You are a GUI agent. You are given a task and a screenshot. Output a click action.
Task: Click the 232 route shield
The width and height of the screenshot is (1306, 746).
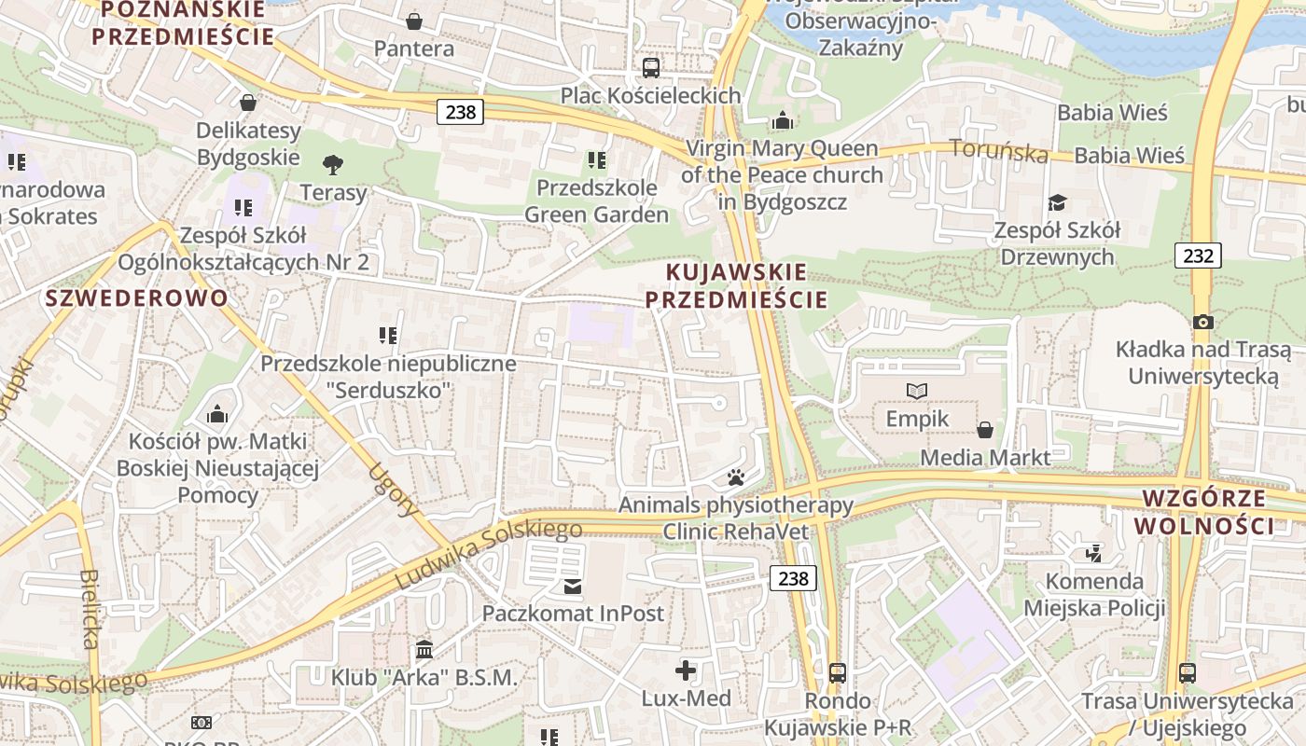1197,255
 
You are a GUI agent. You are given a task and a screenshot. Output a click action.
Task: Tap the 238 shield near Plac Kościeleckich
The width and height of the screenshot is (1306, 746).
460,112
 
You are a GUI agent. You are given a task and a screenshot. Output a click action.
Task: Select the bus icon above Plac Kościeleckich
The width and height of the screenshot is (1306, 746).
651,67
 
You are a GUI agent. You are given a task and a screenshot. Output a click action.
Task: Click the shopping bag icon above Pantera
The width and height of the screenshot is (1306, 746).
414,21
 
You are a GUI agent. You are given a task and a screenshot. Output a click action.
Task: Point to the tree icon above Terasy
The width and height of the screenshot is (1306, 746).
332,165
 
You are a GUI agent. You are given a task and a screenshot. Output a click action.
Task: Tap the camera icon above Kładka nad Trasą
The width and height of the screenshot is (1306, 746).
1203,322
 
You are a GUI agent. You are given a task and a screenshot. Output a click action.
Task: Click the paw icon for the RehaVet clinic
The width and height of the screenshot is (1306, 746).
736,478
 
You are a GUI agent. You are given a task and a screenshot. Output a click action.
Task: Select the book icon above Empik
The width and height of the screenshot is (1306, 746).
917,392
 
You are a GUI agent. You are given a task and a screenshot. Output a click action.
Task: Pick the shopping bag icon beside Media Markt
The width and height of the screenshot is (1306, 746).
984,430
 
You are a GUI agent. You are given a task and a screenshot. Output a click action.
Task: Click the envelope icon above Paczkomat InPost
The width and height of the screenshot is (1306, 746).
572,586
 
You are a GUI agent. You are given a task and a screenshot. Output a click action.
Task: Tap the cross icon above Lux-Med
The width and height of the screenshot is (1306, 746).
686,670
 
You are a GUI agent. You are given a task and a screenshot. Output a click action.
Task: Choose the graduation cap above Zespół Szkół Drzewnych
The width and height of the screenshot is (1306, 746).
1056,202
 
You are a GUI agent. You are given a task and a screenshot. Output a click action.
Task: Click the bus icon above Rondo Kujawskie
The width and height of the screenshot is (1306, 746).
838,672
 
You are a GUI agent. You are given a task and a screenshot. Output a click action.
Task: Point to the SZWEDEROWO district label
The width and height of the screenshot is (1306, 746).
136,298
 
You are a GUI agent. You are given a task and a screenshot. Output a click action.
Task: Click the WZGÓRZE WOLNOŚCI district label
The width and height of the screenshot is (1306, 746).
1203,511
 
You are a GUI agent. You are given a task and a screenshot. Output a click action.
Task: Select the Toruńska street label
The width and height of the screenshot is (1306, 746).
998,150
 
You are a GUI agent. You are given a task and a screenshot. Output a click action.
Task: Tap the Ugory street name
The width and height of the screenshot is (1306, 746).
394,490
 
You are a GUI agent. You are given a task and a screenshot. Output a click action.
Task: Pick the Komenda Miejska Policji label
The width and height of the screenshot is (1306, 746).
1094,595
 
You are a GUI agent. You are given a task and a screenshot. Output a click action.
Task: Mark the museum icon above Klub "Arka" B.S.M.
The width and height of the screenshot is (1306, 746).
424,648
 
